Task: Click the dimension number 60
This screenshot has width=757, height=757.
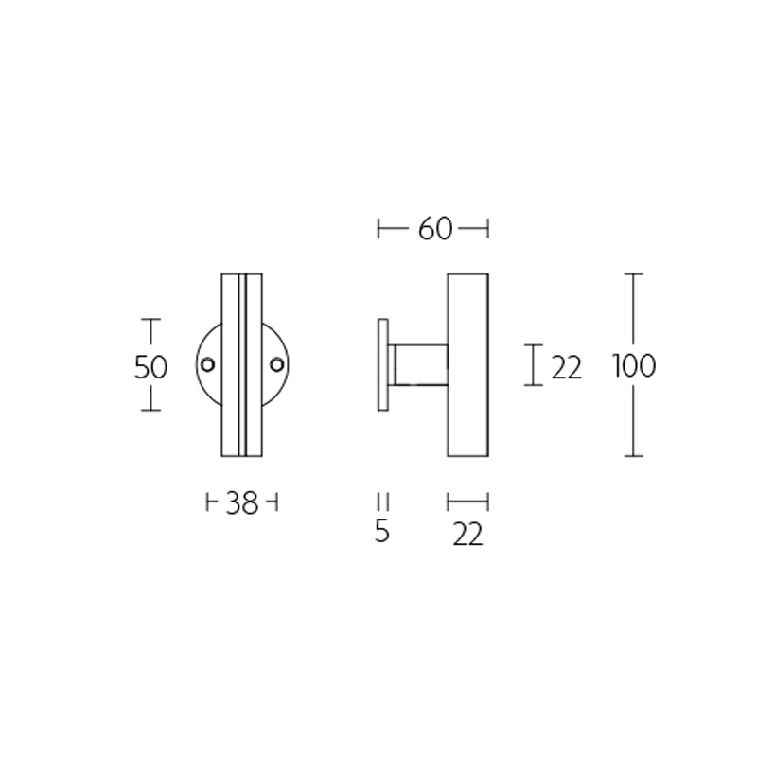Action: [433, 229]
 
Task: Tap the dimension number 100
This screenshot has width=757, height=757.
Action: [633, 365]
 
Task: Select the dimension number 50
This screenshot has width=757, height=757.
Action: [150, 366]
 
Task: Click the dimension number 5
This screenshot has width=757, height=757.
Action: [382, 532]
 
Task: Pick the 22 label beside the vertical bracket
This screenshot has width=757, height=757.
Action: [566, 367]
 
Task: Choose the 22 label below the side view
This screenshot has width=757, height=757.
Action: [467, 535]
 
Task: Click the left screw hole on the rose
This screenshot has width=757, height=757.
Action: [207, 364]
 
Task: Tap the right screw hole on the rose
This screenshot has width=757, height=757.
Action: [276, 364]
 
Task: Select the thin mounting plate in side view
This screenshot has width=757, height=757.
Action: [382, 364]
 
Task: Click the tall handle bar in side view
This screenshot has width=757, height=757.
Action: [467, 364]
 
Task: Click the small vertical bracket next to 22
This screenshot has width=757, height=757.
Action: [535, 364]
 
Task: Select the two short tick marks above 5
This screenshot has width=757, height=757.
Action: [382, 502]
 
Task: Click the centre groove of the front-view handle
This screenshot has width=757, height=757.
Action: [242, 364]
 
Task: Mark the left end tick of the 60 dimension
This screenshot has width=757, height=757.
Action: [378, 228]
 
